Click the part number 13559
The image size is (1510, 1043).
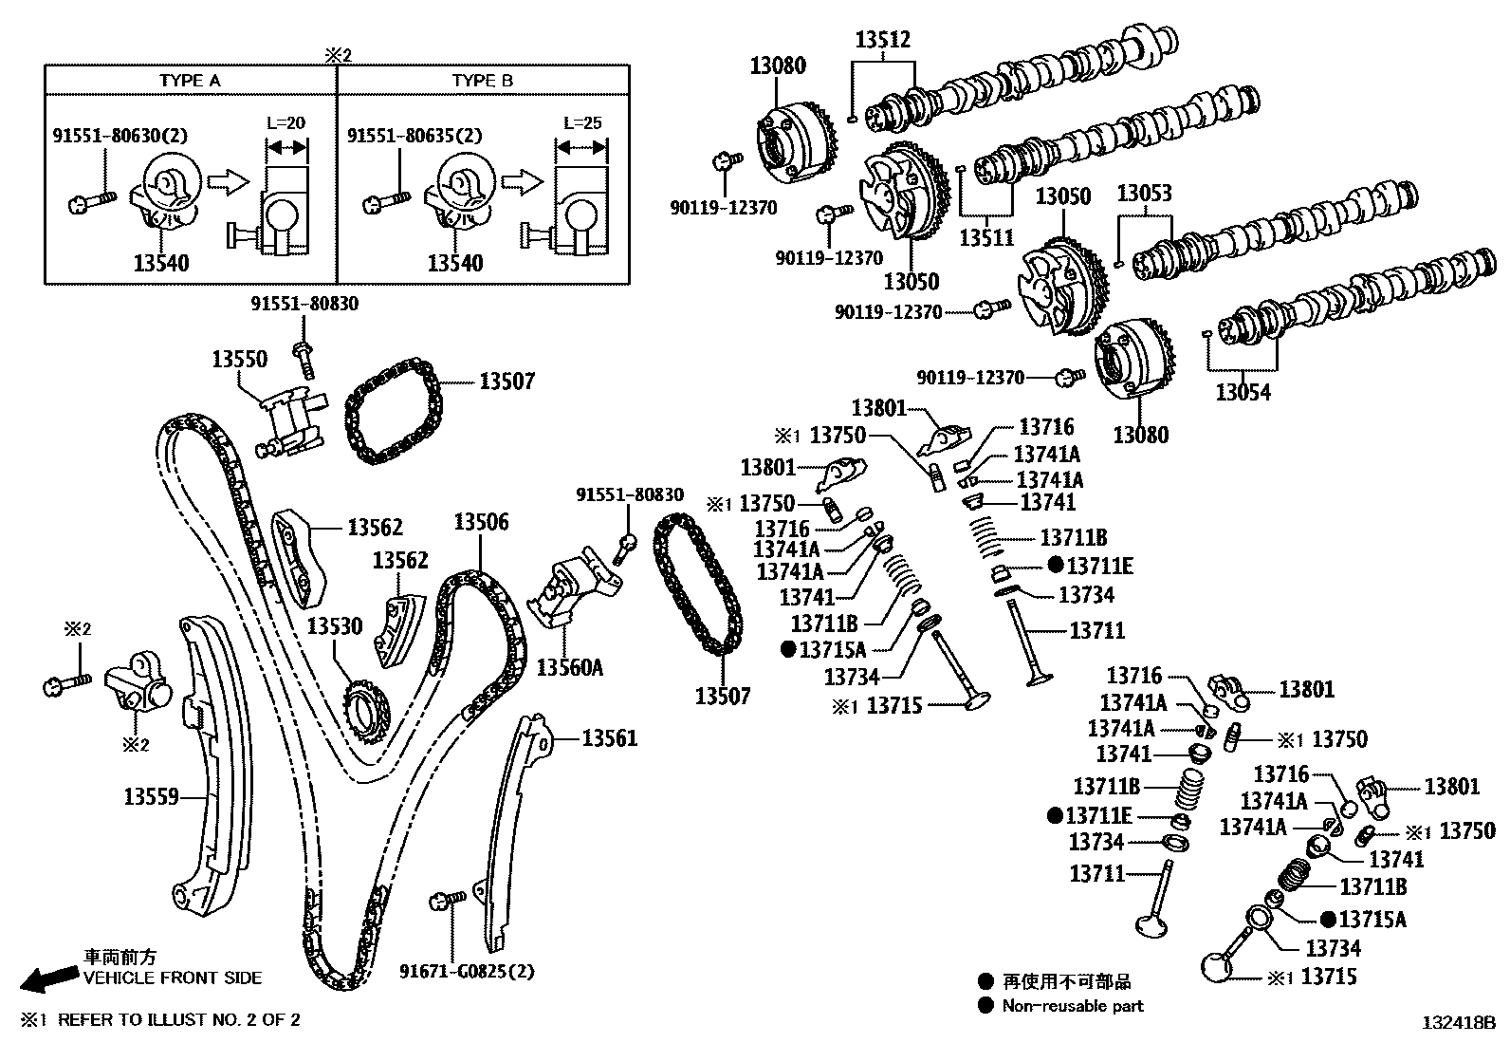(x=151, y=796)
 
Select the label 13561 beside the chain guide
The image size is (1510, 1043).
(x=609, y=737)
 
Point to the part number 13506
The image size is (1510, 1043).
(x=480, y=522)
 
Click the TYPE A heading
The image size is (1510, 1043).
(x=190, y=81)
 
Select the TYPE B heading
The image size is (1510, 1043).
(x=482, y=81)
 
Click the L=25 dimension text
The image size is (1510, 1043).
(x=581, y=123)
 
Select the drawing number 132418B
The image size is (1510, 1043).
(x=1457, y=1023)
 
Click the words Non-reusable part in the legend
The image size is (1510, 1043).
(x=1073, y=1006)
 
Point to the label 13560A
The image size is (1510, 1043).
(x=569, y=667)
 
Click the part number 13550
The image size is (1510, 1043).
(x=239, y=360)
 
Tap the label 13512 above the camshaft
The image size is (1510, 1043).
(x=882, y=40)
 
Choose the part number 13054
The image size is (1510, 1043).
(x=1243, y=392)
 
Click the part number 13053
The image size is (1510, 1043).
(x=1143, y=194)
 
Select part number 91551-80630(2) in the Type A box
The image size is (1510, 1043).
(x=120, y=137)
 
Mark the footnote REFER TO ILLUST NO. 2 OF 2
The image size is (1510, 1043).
(x=177, y=1020)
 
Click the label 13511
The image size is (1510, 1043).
(x=986, y=238)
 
